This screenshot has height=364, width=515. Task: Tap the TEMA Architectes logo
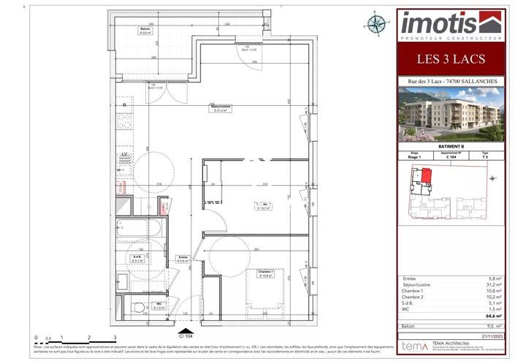415,344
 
